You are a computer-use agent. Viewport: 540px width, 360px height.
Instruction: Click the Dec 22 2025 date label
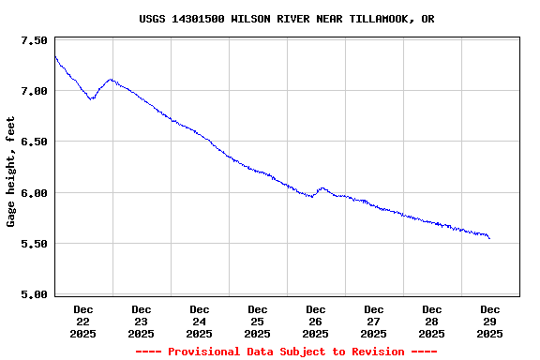83,321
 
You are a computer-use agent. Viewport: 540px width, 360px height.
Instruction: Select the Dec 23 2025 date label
142,321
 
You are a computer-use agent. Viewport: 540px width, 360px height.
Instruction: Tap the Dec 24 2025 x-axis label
200,321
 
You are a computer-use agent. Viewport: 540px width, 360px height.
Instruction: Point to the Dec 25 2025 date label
258,321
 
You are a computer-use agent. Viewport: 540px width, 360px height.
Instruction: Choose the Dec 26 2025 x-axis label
316,321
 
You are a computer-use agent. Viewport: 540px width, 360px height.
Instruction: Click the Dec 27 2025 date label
374,321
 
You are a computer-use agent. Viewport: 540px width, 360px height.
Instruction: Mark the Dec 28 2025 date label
432,321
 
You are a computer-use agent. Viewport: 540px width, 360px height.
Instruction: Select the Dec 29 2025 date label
490,321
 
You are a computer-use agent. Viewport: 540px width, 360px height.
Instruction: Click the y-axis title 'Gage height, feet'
11,172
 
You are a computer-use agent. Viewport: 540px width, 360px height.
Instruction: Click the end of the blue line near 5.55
489,238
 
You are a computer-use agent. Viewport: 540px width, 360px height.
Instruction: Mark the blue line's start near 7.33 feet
55,57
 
